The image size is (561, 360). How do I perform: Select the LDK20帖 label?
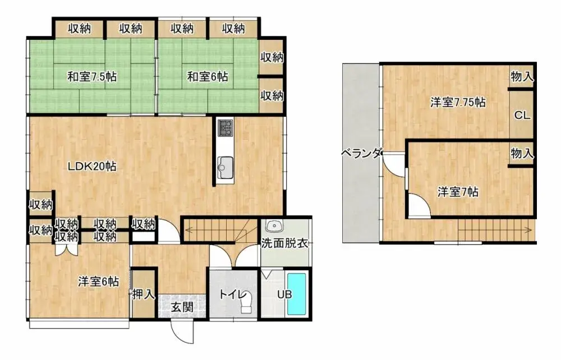click(92, 167)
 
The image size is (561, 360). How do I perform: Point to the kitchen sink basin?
click(226, 165)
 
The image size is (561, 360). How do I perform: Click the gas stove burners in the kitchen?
click(226, 128)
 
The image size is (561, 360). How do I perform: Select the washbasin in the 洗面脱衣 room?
click(274, 227)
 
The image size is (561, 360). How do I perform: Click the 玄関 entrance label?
click(182, 307)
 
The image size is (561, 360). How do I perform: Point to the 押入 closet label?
click(143, 293)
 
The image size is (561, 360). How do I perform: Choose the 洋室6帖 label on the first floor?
click(98, 282)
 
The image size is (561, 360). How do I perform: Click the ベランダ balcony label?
click(361, 153)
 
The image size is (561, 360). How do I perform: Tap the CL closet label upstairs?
click(522, 116)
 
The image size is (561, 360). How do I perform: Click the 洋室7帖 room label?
click(458, 192)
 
